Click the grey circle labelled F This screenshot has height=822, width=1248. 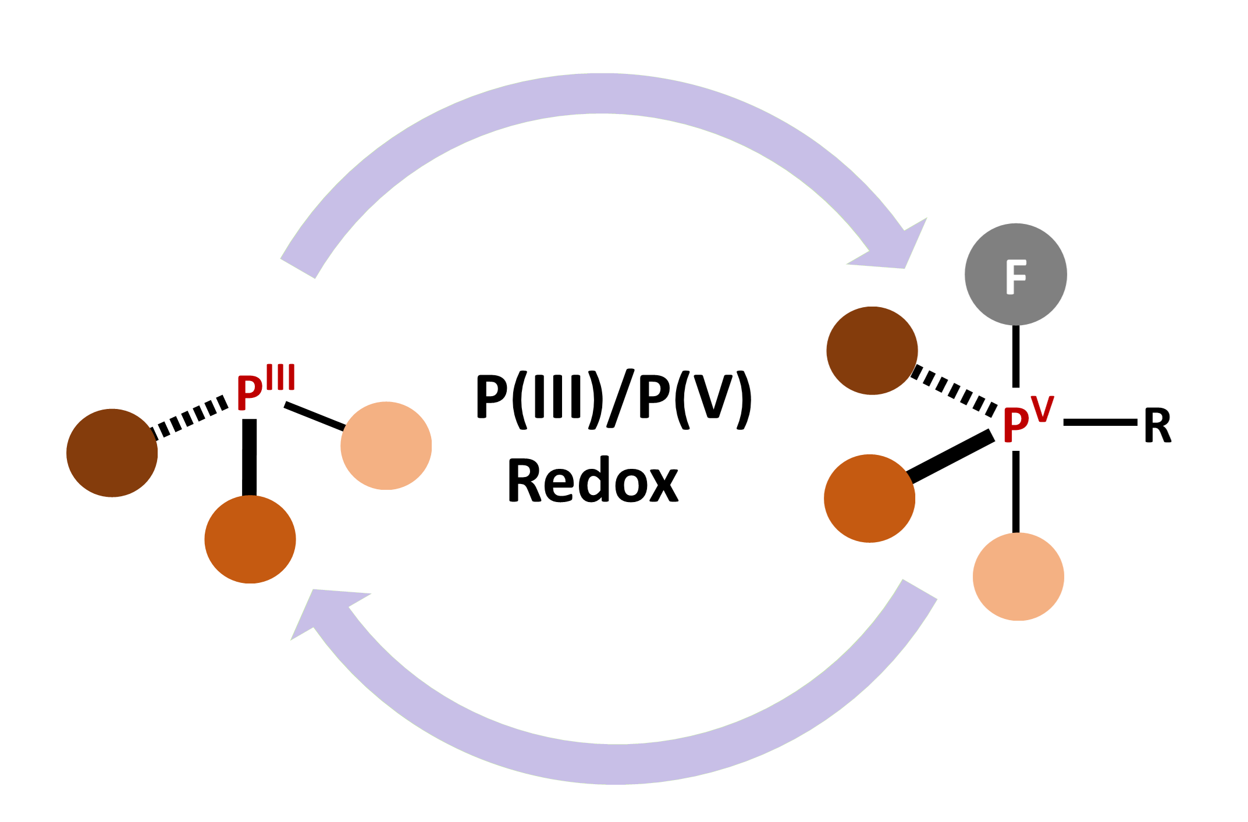click(x=1015, y=274)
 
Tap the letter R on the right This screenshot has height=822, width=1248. click(x=1157, y=425)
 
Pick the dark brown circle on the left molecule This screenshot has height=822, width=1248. click(x=112, y=453)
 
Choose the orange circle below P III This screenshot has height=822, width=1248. click(x=250, y=539)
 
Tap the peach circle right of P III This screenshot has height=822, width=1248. click(x=386, y=446)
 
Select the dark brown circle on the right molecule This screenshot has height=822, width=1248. click(x=872, y=350)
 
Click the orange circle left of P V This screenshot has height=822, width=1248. click(x=869, y=498)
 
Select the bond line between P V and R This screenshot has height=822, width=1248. click(x=1100, y=422)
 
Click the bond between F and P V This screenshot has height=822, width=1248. click(x=1016, y=356)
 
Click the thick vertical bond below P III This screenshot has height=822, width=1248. click(x=249, y=457)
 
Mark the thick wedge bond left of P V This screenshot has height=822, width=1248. click(x=951, y=458)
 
